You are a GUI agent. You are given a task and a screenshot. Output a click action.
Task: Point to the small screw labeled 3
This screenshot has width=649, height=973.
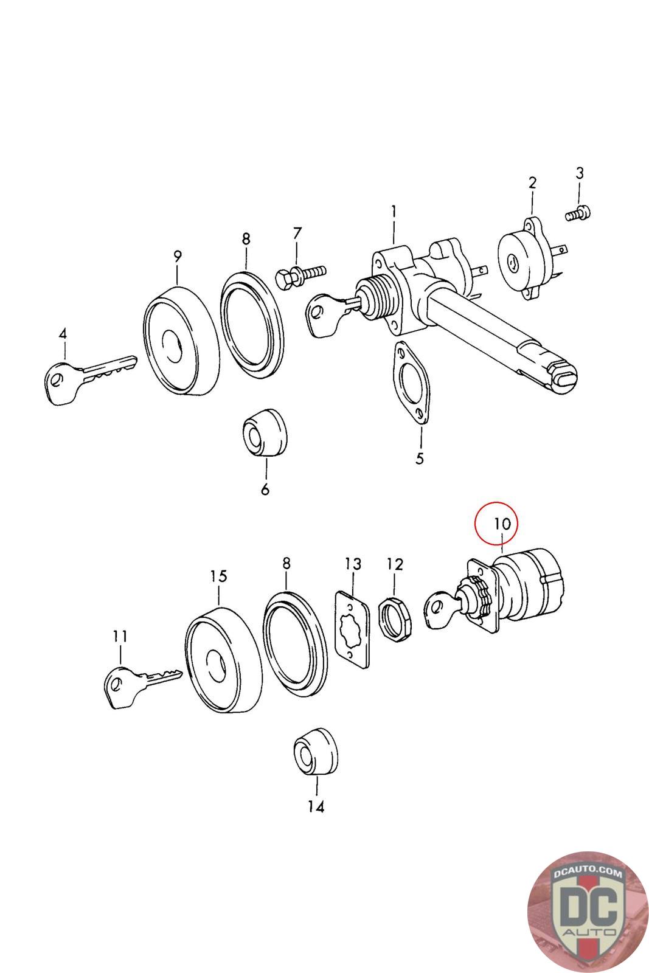pos(578,213)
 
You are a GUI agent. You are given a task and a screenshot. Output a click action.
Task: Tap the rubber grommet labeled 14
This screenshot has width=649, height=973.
pos(315,750)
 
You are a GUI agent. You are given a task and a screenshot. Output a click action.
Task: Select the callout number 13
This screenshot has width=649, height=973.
pos(353,564)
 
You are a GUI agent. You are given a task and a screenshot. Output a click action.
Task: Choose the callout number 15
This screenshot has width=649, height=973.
pos(218,576)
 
